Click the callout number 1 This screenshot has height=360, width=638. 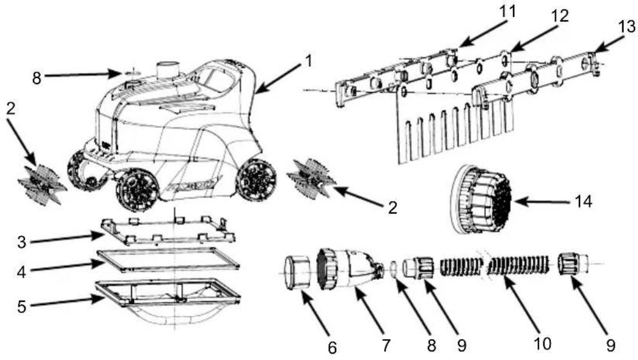point(309,61)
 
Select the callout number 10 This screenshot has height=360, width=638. point(542,344)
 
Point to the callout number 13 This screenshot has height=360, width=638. point(626,27)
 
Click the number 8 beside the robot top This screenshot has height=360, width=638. point(37,78)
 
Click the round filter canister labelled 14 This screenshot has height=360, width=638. point(480,200)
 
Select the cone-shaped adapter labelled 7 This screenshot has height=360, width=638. point(350,269)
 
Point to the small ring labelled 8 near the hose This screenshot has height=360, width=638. point(394,269)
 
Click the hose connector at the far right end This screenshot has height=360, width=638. point(573,263)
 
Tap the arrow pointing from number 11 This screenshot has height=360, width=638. point(481,32)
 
